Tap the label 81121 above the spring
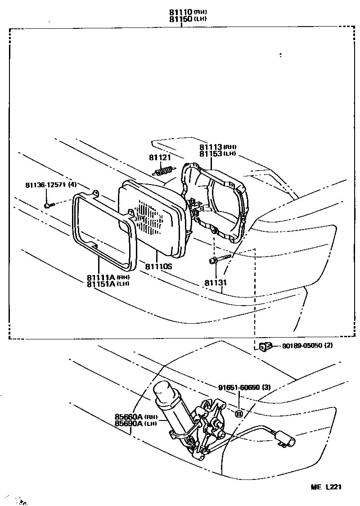coord(160,157)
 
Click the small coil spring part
coord(164,172)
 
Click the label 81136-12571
coord(45,185)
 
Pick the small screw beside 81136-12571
coord(49,205)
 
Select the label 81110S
coord(159,267)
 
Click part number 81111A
coord(102,277)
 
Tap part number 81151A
coord(102,283)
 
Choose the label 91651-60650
coord(238,387)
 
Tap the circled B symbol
coord(239,414)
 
